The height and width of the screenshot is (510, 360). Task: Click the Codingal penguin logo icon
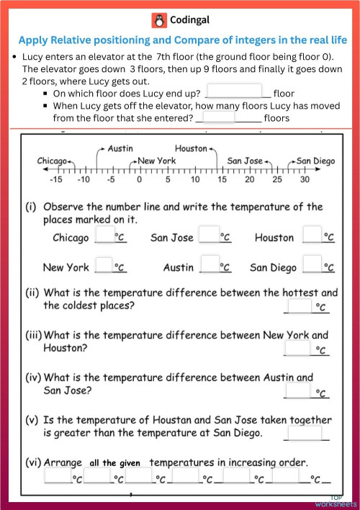point(158,20)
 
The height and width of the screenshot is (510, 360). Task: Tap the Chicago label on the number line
point(52,161)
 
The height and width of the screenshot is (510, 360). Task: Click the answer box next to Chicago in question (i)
point(105,236)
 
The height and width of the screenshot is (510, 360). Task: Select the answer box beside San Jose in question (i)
point(209,236)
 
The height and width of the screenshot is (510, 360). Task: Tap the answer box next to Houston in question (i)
point(312,236)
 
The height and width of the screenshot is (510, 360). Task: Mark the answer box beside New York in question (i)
point(105,266)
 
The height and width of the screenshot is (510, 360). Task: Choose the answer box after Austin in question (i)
point(209,266)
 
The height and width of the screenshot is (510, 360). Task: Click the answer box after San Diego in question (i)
point(312,266)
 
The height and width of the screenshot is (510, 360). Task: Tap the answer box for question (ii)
point(298,306)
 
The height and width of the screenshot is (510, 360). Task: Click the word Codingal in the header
point(190,20)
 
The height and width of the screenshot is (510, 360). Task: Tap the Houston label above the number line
point(191,148)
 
